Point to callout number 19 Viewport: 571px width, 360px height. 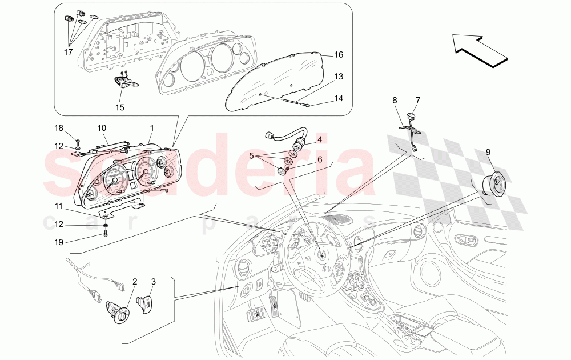[x=60, y=242]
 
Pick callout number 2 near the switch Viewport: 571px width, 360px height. [x=135, y=281]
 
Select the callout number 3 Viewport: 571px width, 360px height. [x=153, y=281]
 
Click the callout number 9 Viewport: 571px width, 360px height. [x=488, y=152]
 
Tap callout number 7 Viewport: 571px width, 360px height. [x=417, y=101]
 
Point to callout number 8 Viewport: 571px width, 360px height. [x=395, y=101]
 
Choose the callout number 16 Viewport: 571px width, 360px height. [x=338, y=55]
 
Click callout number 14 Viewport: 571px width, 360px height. [x=338, y=98]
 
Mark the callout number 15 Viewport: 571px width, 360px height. [x=119, y=106]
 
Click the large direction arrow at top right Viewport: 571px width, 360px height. [x=480, y=49]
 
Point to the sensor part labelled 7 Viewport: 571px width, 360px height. [x=409, y=118]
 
